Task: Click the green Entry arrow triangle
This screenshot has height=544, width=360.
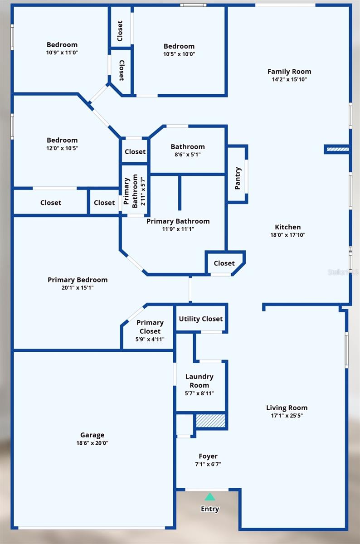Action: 209,497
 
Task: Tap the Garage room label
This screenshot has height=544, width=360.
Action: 92,435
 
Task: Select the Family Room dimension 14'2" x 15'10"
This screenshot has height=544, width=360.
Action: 289,79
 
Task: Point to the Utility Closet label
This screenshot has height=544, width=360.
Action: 201,319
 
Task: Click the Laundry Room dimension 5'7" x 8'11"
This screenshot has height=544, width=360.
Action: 199,393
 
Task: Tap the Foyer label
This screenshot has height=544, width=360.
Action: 208,456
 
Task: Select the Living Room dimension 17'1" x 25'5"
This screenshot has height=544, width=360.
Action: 287,415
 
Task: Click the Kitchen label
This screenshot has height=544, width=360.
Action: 287,227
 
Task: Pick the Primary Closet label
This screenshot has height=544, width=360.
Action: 150,327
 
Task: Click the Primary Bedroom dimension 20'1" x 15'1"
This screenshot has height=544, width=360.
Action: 78,287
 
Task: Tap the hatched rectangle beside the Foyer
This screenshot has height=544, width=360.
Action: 210,421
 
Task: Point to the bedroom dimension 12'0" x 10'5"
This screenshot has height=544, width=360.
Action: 62,148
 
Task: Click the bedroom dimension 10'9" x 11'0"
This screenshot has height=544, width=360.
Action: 62,52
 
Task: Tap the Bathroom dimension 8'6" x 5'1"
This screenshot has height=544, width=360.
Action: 188,154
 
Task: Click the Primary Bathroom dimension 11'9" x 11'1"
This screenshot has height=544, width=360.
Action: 178,229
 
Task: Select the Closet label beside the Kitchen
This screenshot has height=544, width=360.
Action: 224,263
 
